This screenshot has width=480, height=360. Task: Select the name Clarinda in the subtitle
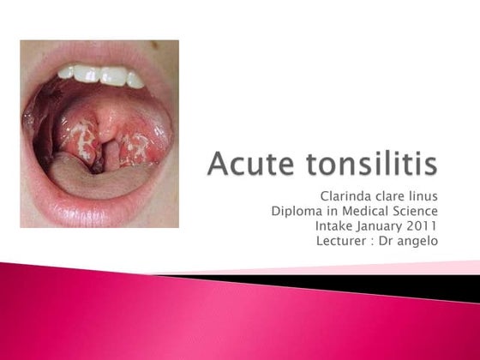345,198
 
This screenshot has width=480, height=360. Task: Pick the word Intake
336,226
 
